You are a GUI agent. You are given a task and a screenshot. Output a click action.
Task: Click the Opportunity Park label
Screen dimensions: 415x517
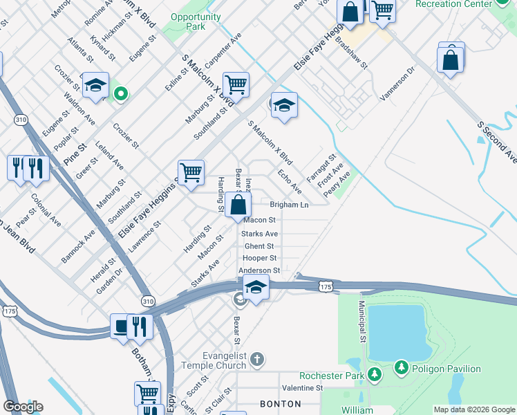coord(188,21)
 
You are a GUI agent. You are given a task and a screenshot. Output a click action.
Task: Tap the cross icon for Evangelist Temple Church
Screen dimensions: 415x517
coord(256,358)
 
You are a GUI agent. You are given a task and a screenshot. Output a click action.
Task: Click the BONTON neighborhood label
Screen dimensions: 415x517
coord(280,403)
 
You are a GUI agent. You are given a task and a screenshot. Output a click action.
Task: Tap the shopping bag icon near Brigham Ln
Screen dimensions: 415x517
coord(238,205)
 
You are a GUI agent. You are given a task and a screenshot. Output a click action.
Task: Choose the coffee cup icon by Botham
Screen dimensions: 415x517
coord(121,326)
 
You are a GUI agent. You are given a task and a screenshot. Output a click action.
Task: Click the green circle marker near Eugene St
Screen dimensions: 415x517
coord(120,93)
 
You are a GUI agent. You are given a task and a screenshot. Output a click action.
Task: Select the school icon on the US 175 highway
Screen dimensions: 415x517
coord(256,287)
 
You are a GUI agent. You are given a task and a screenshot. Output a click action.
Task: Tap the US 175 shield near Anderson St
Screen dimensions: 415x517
coord(326,286)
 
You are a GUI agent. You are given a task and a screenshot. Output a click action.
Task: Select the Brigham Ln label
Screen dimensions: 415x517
coord(289,205)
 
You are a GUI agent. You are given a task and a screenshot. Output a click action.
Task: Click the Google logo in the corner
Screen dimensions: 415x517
coord(23,407)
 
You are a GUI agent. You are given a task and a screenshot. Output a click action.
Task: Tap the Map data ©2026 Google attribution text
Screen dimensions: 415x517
coord(474,409)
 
